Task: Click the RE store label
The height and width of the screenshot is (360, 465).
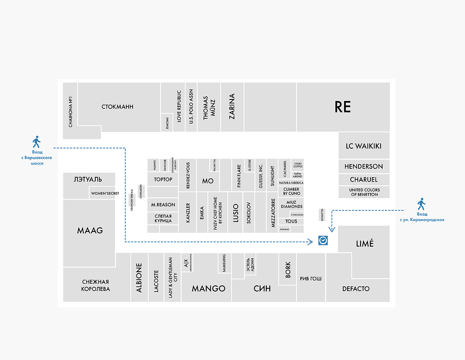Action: pos(343,107)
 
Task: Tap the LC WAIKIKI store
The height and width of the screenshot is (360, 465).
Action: pos(363,146)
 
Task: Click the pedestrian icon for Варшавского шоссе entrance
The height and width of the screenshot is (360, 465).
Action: pos(36,142)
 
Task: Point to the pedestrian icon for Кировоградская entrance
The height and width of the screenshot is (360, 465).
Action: pos(421,204)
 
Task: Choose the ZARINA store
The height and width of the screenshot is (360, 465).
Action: pos(232,106)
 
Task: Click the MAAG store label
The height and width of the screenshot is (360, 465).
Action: pos(90,230)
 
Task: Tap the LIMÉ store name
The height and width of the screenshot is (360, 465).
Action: pos(365,243)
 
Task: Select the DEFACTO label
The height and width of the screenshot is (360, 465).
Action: pos(356,289)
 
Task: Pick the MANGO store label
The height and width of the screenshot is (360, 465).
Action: pos(208,288)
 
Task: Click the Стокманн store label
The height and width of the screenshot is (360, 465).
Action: pos(117,106)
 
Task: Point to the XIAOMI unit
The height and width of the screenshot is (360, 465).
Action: pos(167,123)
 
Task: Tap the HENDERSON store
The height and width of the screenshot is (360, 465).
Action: pos(363,166)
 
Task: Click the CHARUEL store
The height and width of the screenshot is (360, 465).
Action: pos(363,180)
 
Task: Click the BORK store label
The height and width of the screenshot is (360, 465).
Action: pos(288,270)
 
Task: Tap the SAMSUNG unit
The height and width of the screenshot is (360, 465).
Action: pos(224,263)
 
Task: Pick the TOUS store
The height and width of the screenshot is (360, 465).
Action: pos(291,221)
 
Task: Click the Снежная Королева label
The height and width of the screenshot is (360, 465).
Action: pos(96,285)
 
